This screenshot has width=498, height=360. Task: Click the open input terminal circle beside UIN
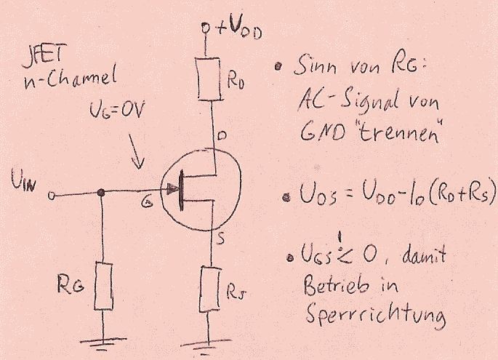pos(52,195)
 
